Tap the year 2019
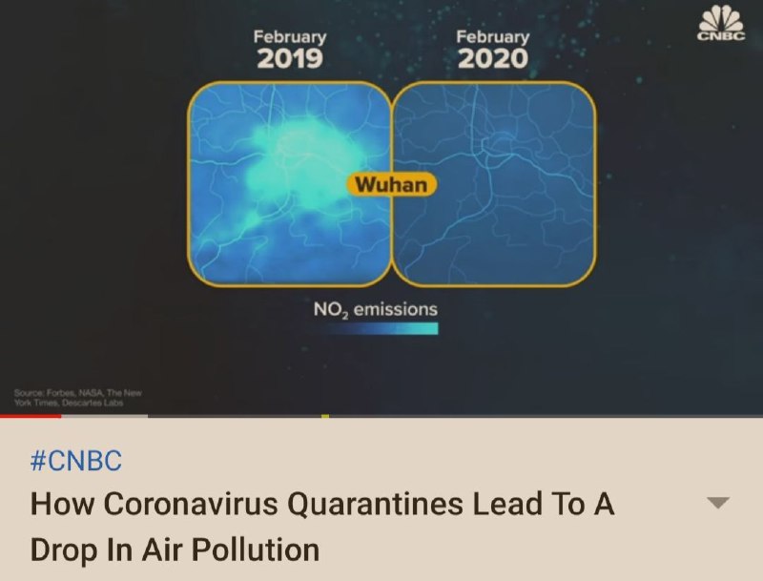290,59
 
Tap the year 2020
493,59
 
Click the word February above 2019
290,37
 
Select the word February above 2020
493,37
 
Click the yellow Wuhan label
392,184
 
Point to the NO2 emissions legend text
376,309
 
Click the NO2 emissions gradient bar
382,329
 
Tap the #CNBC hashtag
76,461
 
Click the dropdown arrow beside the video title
718,503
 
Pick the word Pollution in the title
255,550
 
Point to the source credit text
78,398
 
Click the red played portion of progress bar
31,416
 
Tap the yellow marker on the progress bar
325,416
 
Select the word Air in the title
162,550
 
